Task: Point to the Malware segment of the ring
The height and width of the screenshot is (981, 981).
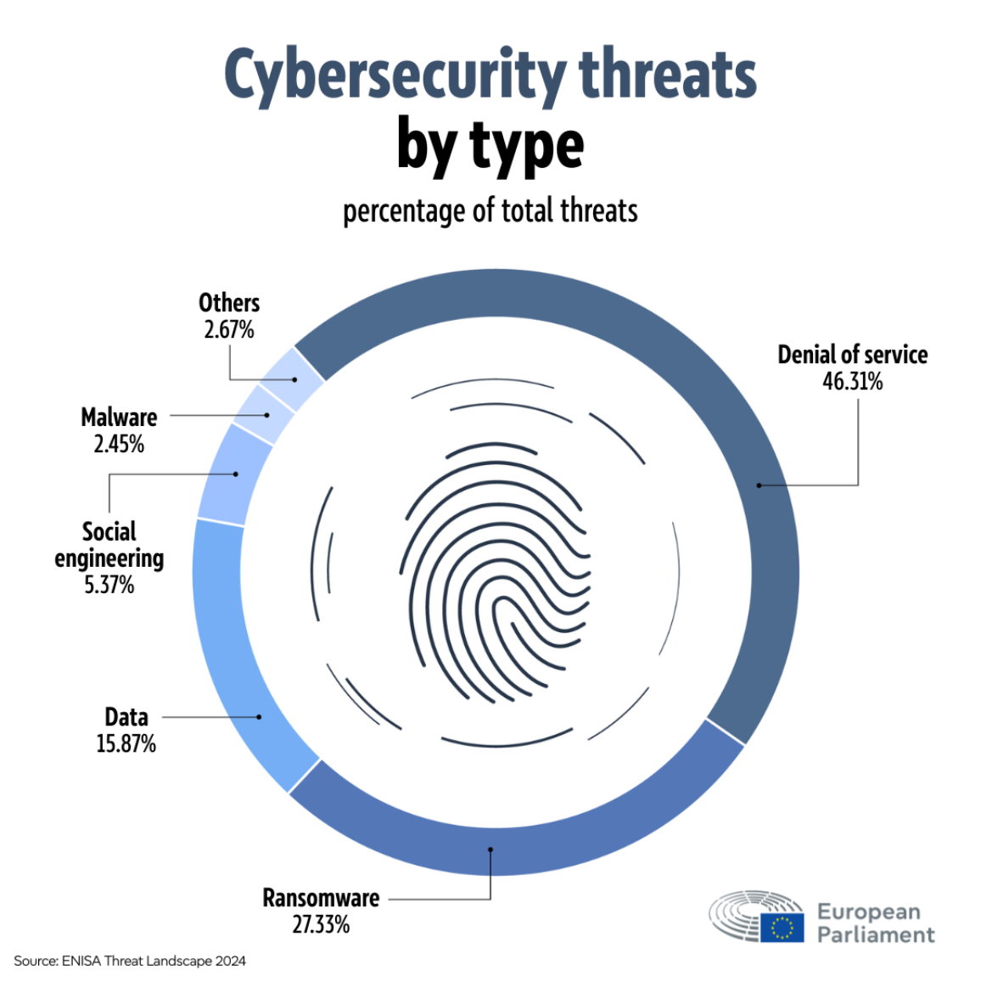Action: (x=263, y=414)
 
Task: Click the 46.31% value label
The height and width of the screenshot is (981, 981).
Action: (x=852, y=381)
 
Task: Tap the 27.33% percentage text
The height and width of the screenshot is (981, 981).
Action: (x=321, y=924)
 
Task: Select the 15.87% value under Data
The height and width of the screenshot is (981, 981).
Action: (x=126, y=744)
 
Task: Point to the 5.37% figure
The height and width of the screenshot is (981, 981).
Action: (x=109, y=585)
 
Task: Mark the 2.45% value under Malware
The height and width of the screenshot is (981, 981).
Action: (x=119, y=444)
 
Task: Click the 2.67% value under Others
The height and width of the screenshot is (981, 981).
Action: (x=229, y=329)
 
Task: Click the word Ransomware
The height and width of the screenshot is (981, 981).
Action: (x=321, y=898)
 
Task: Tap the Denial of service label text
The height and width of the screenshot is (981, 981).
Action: (x=852, y=355)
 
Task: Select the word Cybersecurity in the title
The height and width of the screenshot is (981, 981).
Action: (x=395, y=75)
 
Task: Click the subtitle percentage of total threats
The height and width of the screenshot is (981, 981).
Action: (x=490, y=210)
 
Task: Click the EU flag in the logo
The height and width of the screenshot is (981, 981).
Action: (x=782, y=928)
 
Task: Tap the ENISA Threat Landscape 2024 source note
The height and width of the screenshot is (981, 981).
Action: (x=130, y=961)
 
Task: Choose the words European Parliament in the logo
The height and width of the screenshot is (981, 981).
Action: (x=875, y=923)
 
